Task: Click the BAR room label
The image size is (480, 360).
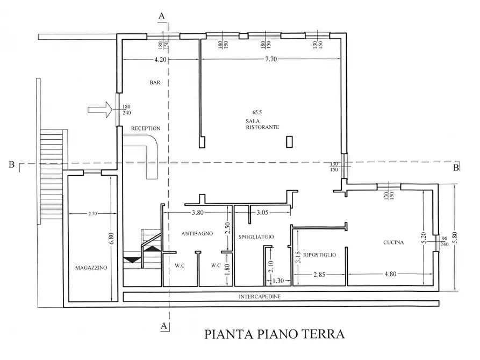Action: [155, 83]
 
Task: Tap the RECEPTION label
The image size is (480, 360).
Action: [146, 129]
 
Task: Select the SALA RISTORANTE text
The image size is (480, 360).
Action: [262, 125]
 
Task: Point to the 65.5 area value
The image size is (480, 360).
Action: [256, 112]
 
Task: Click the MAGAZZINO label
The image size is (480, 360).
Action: [90, 267]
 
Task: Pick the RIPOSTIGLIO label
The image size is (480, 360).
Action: [319, 255]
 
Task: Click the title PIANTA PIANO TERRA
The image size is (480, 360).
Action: [274, 335]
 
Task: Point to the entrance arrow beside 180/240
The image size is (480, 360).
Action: [100, 110]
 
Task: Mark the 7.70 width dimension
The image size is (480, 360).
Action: [270, 60]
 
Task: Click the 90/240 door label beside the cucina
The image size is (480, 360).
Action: [444, 241]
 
